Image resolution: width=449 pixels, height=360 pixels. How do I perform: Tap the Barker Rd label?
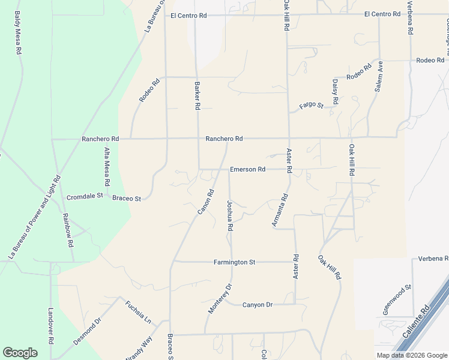(x=197, y=95)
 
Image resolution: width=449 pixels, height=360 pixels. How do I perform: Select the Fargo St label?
(x=312, y=106)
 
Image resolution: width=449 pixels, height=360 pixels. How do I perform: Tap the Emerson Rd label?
(x=247, y=170)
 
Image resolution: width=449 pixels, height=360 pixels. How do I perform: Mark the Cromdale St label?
(x=85, y=197)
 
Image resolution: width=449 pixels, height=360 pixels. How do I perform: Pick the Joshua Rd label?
(x=229, y=216)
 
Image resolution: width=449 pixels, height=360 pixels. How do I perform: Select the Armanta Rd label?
(x=280, y=210)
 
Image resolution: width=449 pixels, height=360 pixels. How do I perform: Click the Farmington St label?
(x=235, y=262)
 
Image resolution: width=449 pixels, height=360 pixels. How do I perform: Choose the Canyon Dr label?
(x=258, y=305)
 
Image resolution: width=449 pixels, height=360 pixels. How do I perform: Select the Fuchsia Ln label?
(x=137, y=312)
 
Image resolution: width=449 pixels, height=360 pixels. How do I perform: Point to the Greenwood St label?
(x=397, y=299)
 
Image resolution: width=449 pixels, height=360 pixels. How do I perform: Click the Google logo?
(x=20, y=353)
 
